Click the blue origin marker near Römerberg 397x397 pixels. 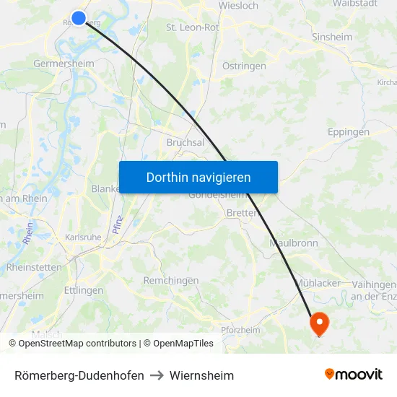click(x=79, y=18)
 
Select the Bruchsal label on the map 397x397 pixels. click(x=186, y=142)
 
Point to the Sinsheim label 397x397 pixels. click(x=331, y=37)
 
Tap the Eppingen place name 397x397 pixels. click(x=348, y=132)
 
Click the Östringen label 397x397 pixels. click(x=244, y=66)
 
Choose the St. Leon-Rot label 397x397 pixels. click(x=193, y=27)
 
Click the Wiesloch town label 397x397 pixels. click(x=238, y=6)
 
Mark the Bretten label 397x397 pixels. click(x=243, y=213)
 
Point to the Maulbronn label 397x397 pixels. click(x=293, y=243)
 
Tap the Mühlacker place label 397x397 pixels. click(x=318, y=283)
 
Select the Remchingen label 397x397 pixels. click(x=171, y=280)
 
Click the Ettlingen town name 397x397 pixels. click(x=84, y=290)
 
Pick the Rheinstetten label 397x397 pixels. click(x=34, y=267)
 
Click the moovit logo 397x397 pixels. click(x=353, y=375)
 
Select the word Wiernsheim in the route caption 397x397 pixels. click(x=201, y=375)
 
